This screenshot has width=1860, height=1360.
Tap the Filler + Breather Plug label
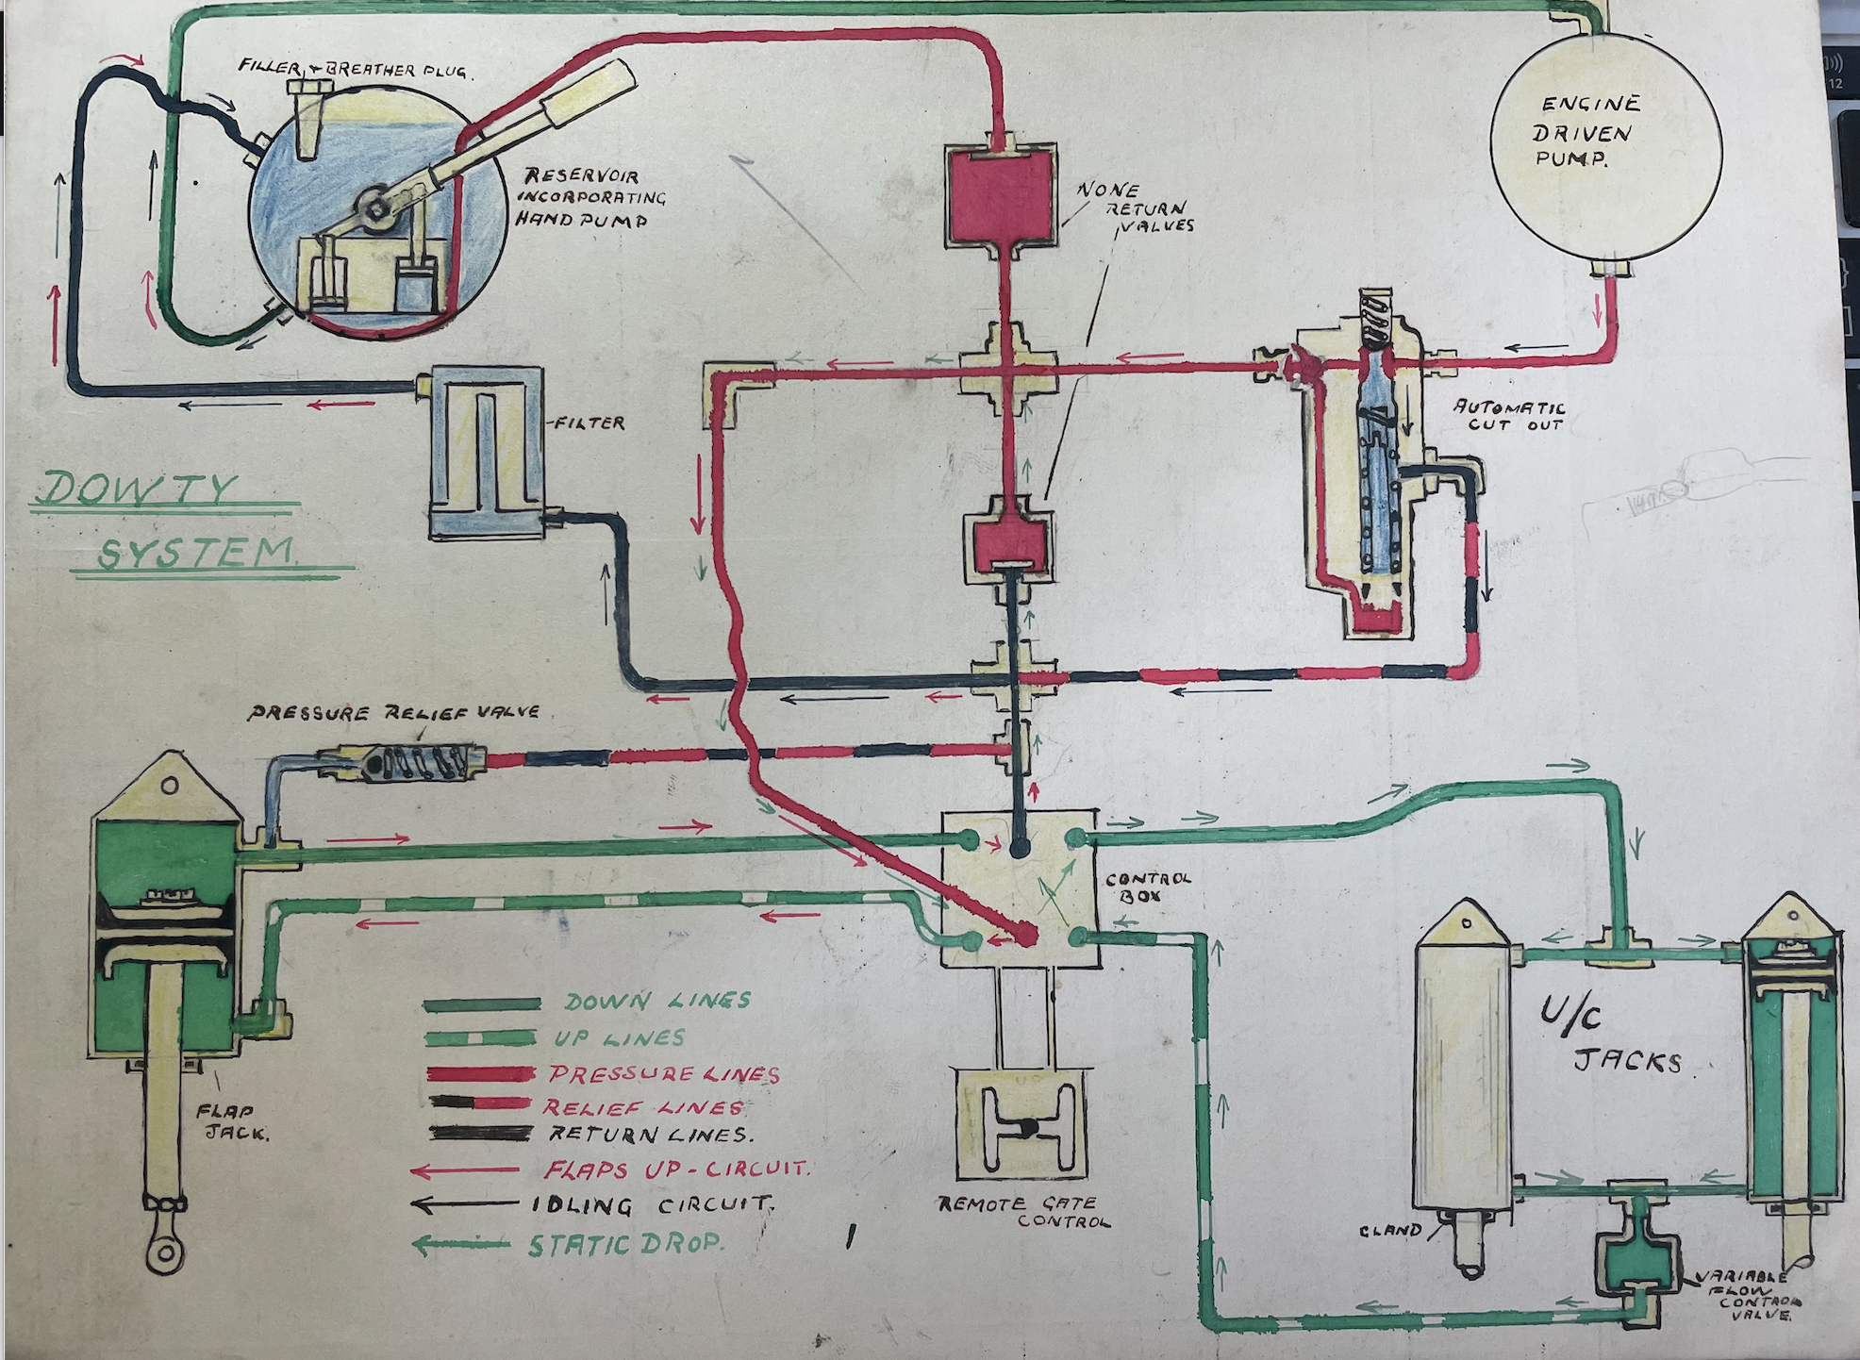pos(354,68)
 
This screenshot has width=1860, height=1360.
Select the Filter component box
pos(487,453)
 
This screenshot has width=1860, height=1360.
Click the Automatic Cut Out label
pos(1509,416)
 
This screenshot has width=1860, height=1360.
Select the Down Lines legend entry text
pos(657,1002)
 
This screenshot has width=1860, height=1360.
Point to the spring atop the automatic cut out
pos(1374,321)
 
